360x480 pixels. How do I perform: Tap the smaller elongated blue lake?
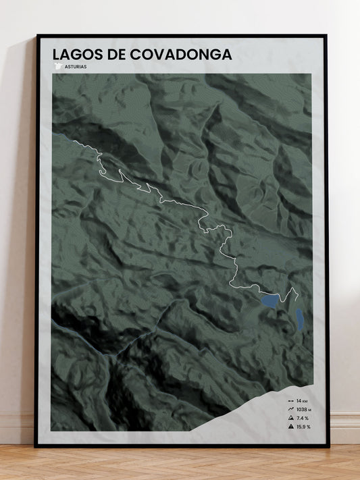[x=299, y=319]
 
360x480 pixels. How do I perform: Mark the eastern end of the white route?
[x=296, y=289]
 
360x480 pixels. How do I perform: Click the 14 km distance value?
[x=301, y=401]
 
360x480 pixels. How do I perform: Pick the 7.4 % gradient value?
[x=303, y=418]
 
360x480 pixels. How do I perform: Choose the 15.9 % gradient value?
[x=303, y=426]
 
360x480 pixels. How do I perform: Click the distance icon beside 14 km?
[x=290, y=401]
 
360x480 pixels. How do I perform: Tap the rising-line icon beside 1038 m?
[x=290, y=409]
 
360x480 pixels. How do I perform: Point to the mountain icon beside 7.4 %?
[x=290, y=418]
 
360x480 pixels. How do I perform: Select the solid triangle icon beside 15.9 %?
[x=290, y=426]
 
